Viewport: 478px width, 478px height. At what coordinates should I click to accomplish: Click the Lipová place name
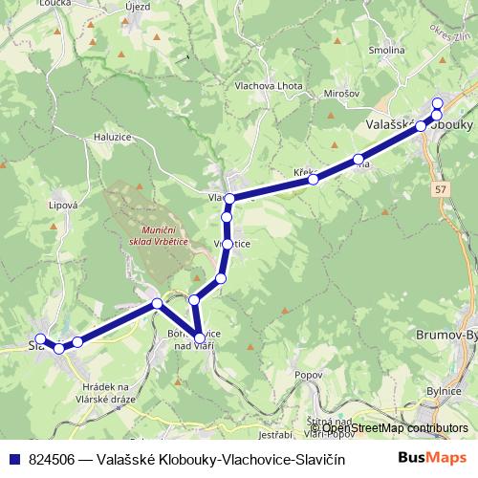pos(63,204)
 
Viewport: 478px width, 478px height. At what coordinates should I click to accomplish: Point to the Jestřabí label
pos(250,437)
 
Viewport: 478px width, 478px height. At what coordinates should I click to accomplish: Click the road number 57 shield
pos(441,191)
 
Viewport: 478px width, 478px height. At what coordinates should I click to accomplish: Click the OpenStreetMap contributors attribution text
pos(390,428)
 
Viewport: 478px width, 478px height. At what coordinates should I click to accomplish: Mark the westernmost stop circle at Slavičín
pos(40,338)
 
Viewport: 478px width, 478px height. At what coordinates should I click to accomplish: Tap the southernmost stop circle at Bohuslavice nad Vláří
pos(199,337)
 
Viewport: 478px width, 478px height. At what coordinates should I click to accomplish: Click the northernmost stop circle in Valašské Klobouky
pos(438,103)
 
